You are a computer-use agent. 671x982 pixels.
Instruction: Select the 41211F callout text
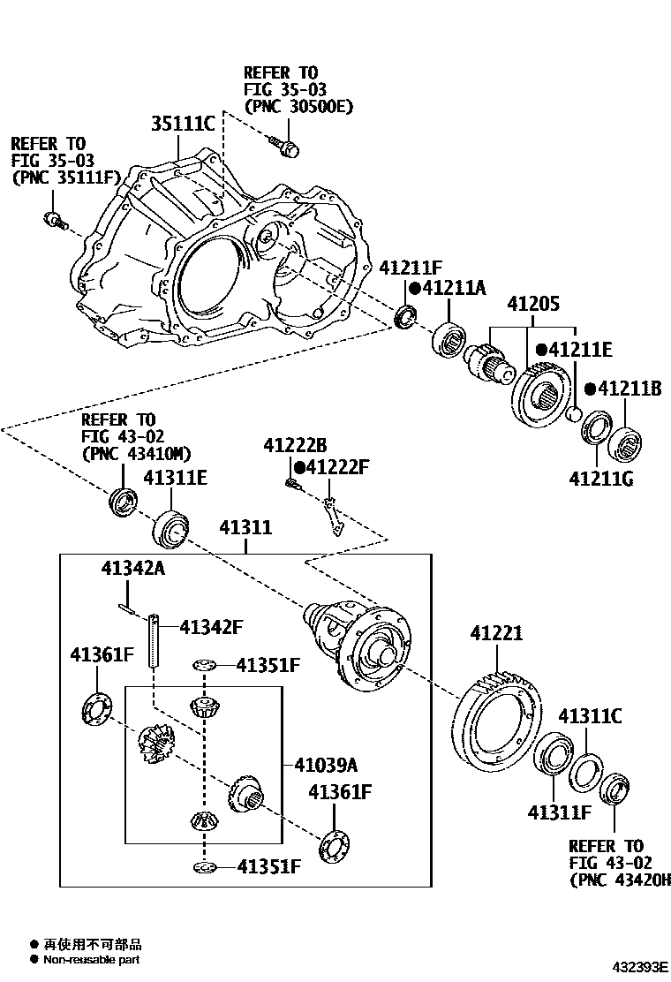(410, 267)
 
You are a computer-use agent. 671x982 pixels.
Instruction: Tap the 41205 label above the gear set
(533, 304)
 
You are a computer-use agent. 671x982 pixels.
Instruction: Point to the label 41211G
(603, 480)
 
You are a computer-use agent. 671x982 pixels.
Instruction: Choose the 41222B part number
(295, 446)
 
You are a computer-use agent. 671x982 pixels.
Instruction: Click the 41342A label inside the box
(132, 569)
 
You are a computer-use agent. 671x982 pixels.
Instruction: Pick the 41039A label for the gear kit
(326, 764)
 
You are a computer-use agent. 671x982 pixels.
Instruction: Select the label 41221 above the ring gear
(496, 633)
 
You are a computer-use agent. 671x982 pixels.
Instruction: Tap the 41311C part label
(590, 715)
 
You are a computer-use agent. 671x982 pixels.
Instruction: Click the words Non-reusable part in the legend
(91, 960)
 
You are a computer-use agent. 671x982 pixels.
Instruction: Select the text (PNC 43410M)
(136, 455)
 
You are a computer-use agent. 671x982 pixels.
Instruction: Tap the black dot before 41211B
(589, 389)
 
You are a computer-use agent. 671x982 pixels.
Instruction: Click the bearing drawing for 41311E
(172, 529)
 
